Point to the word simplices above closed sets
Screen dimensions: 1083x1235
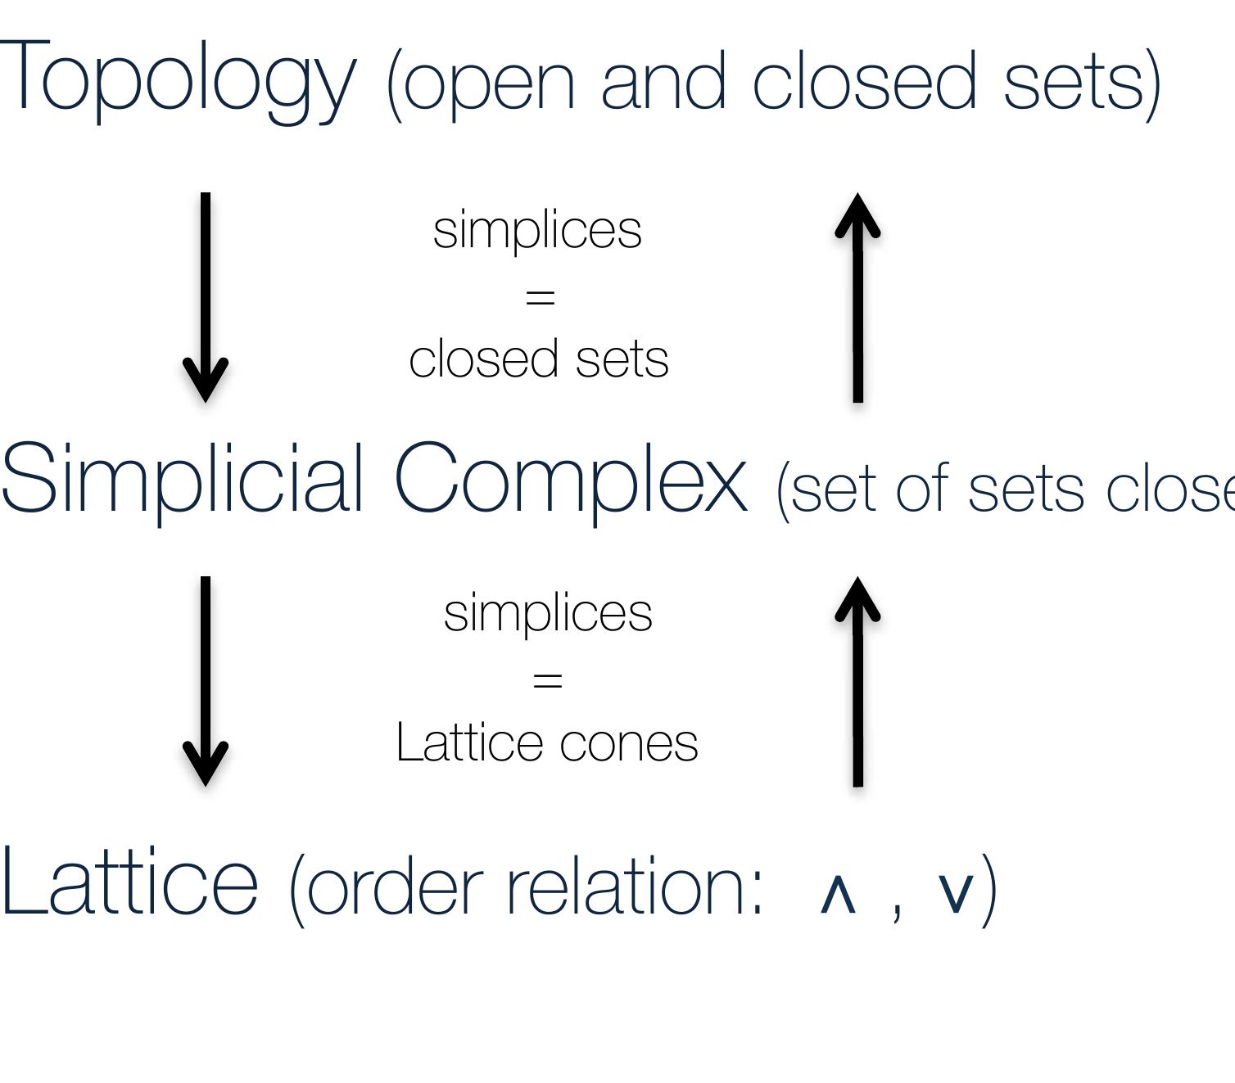[537, 230]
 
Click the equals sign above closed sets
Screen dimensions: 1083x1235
[541, 296]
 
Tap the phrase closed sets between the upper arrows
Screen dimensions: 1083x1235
[539, 359]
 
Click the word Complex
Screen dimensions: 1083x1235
[571, 479]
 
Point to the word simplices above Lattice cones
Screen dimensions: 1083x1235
[548, 613]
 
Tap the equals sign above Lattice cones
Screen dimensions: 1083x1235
[548, 679]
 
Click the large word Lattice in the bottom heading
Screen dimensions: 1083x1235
[129, 882]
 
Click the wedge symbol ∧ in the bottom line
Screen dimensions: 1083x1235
[838, 895]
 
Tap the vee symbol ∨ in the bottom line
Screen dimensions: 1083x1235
[955, 892]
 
